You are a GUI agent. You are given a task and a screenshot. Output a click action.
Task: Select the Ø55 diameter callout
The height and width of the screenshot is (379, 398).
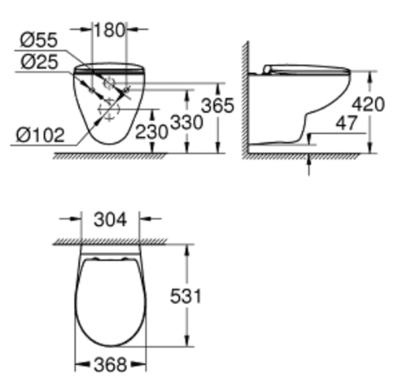[38, 40]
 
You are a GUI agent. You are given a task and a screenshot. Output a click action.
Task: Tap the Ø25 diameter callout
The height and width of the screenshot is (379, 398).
[38, 61]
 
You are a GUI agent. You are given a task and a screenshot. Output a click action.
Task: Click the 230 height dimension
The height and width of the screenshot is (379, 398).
[151, 132]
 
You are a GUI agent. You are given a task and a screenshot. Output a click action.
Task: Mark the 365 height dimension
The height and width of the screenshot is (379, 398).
[218, 105]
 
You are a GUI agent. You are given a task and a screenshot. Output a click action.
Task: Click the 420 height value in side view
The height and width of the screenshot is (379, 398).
[368, 104]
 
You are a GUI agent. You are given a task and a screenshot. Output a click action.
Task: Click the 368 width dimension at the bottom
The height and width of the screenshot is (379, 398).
[110, 364]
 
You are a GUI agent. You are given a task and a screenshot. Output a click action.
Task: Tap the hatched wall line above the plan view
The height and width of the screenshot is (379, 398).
[110, 242]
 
